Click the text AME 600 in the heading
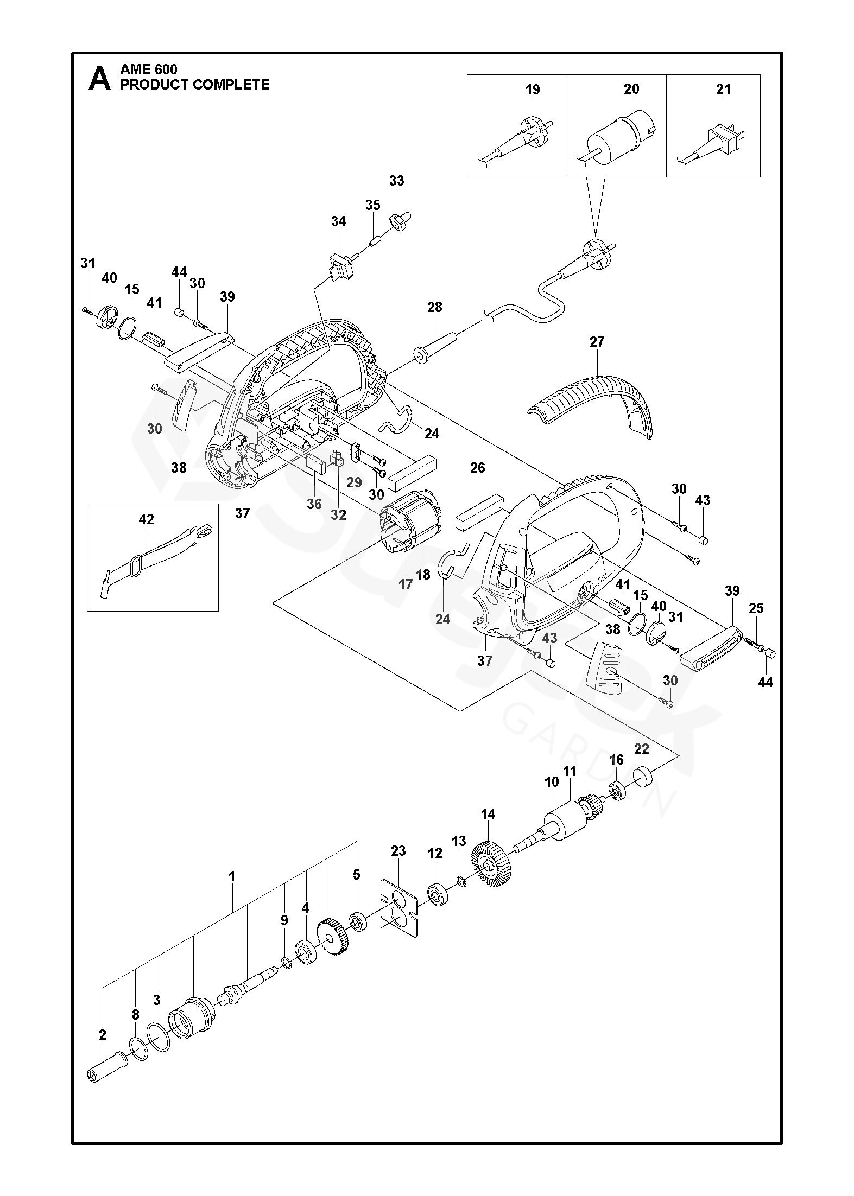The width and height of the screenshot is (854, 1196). tap(148, 69)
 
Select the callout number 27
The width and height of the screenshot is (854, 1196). tap(597, 342)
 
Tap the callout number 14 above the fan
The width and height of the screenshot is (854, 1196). tap(488, 829)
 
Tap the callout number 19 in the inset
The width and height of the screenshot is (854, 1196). tap(533, 90)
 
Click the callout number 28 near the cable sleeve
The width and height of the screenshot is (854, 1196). tap(434, 307)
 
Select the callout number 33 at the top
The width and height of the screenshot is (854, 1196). tap(397, 181)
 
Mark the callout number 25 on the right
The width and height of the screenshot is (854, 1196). tap(756, 609)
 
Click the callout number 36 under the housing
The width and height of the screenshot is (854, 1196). tap(314, 504)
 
